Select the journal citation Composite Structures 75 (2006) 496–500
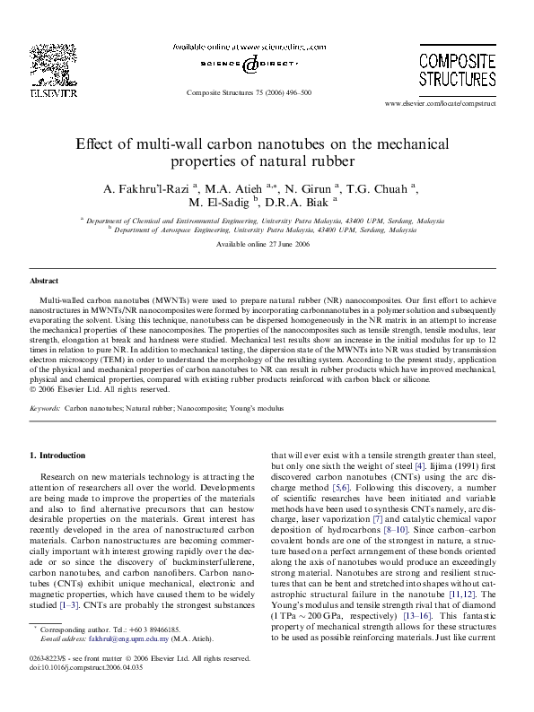coord(249,92)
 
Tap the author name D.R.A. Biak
coord(301,204)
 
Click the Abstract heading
coord(45,282)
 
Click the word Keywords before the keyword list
coord(44,407)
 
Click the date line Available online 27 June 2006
coord(267,244)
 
